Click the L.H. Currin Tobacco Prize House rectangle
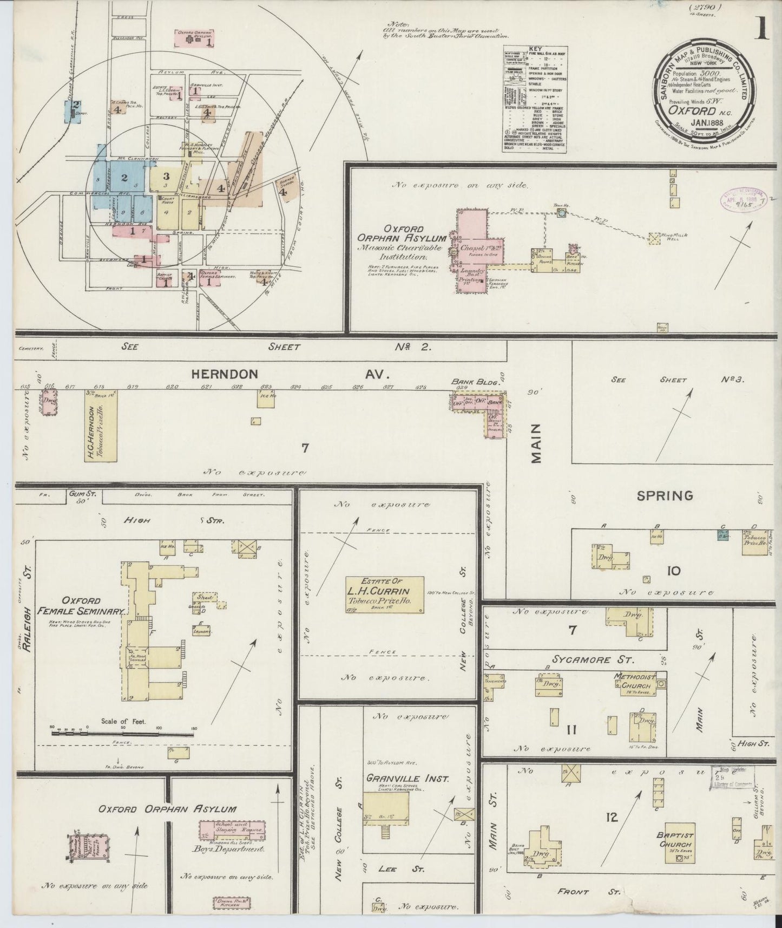tap(385, 595)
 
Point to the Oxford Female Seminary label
tap(81, 605)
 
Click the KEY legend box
tap(535, 99)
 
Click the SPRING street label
tap(665, 495)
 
